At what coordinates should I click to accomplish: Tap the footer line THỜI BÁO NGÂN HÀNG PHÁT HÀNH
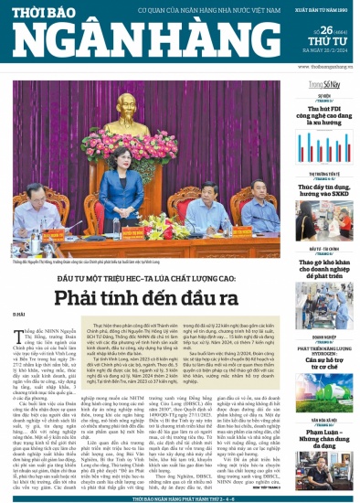tap(179, 498)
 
